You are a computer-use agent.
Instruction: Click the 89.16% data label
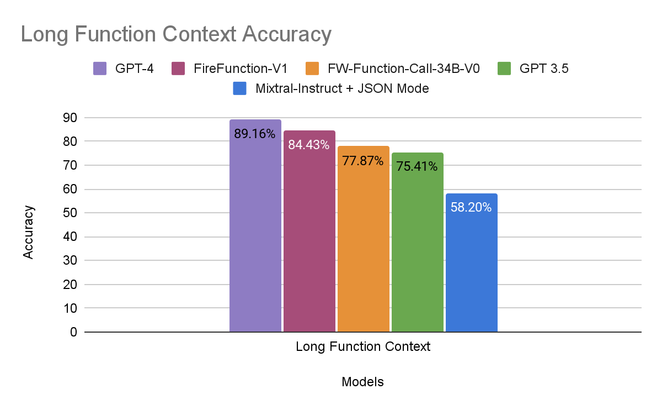(255, 133)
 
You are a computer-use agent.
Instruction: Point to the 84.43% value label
(309, 145)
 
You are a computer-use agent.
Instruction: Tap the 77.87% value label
(363, 161)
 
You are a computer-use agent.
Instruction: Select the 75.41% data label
(417, 166)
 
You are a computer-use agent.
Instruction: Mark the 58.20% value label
(471, 208)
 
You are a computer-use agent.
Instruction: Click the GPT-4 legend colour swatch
(100, 69)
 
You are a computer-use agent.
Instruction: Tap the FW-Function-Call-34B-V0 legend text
(403, 69)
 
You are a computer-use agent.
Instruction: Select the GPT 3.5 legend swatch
(504, 69)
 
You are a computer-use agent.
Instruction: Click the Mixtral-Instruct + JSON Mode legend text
(342, 88)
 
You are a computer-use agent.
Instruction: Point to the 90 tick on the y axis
(70, 118)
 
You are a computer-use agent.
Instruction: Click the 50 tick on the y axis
(70, 213)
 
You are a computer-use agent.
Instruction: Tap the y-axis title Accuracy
(29, 233)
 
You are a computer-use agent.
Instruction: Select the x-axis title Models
(362, 382)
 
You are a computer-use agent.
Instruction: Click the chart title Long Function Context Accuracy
(176, 34)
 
